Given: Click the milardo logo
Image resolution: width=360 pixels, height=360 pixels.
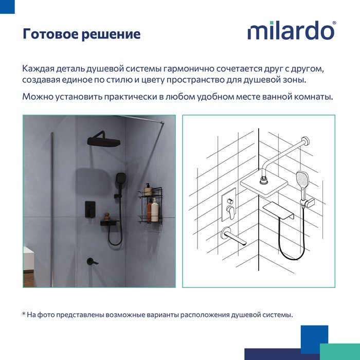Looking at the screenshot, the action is [x=291, y=30].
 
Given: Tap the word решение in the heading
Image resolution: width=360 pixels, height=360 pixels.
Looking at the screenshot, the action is [x=111, y=34].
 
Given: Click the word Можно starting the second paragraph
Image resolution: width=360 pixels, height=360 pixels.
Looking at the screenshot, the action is [x=38, y=97].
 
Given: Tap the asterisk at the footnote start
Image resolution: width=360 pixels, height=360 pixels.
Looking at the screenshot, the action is [x=24, y=313].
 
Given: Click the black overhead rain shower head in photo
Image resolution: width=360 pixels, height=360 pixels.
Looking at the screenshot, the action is [x=103, y=140].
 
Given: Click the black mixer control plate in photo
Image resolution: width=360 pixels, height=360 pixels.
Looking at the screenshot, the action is [x=90, y=209].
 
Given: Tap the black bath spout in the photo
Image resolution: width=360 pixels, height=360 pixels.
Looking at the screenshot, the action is [x=92, y=261].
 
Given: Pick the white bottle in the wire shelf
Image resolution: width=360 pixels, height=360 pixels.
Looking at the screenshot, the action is [x=155, y=210].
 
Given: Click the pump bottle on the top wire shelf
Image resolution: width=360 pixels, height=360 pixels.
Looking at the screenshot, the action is [x=148, y=190].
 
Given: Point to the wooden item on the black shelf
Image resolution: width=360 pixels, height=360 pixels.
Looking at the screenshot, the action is [x=106, y=217].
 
